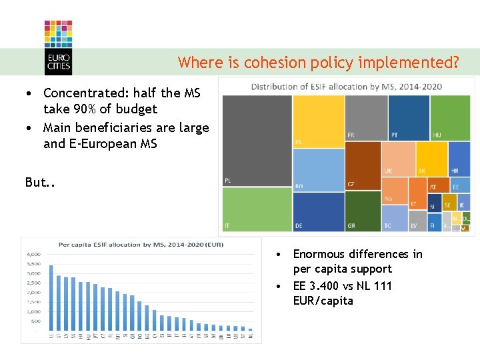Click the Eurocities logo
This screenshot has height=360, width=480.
[58, 47]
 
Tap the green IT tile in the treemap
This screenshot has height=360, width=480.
[257, 209]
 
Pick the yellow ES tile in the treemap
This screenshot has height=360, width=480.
[319, 121]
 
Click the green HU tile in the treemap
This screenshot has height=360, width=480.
[450, 117]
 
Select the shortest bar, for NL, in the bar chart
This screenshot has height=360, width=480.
[250, 329]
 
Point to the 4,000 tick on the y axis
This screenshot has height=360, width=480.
[33, 254]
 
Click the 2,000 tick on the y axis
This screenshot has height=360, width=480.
[33, 293]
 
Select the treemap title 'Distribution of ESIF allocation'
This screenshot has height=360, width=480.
[346, 86]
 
